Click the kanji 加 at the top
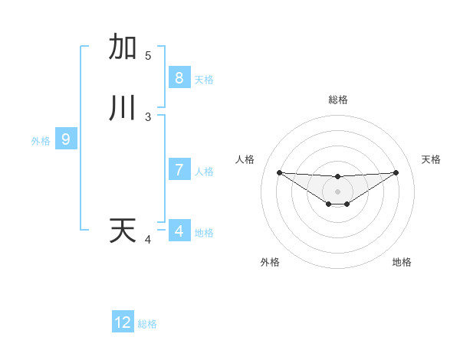(123, 47)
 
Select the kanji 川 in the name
(123, 108)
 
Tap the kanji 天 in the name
(123, 231)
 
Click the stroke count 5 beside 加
(148, 56)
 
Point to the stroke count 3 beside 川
(148, 117)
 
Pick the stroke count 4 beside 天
(148, 240)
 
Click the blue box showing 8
(179, 77)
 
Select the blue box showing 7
(179, 170)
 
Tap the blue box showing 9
(66, 139)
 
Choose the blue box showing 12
(123, 322)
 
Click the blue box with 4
(179, 231)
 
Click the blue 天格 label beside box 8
(204, 80)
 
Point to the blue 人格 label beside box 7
(204, 172)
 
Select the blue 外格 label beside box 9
(41, 141)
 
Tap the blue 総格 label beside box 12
(147, 324)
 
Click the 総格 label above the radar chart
(338, 100)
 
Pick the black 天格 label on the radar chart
(431, 159)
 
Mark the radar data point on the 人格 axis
(279, 172)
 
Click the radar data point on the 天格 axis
(396, 172)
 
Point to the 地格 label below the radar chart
(402, 262)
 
